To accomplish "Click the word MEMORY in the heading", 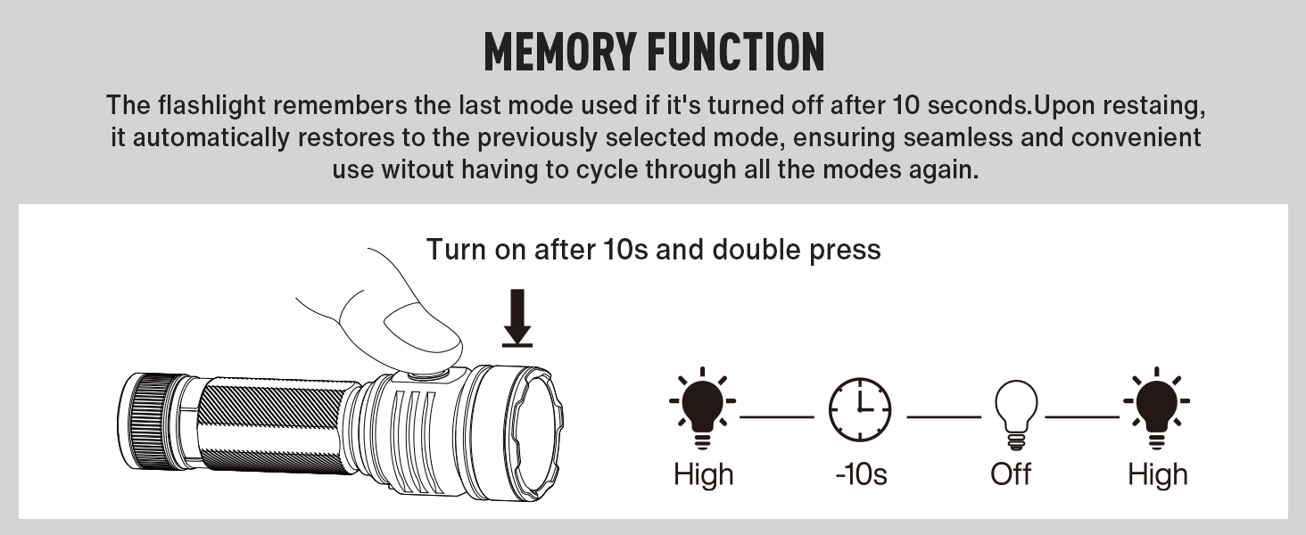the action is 559,52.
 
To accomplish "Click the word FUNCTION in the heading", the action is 736,52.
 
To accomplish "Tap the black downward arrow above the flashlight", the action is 517,318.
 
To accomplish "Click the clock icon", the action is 860,409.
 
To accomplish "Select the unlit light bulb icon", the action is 1016,415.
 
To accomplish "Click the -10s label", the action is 861,474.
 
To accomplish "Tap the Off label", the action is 1011,474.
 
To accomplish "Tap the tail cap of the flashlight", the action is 149,420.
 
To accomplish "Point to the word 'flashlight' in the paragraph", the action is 211,106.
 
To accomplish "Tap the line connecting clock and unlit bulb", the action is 944,416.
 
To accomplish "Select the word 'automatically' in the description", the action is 211,138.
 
